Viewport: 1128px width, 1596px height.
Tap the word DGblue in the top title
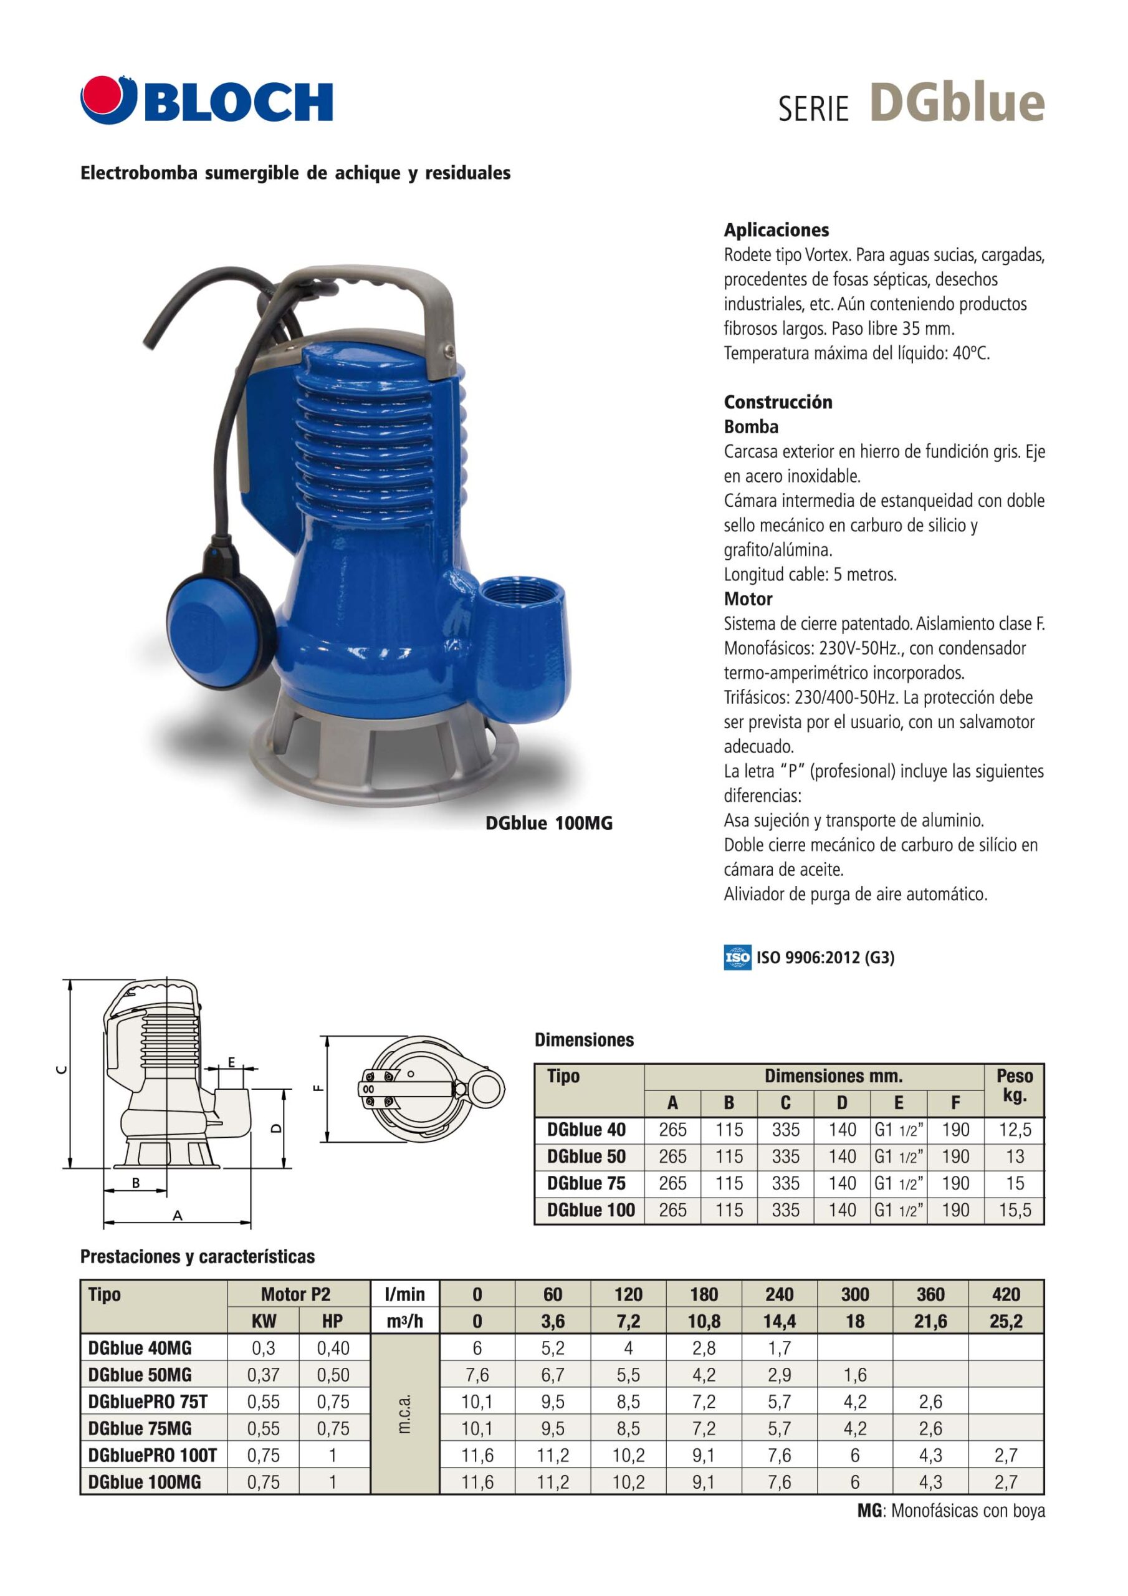(957, 103)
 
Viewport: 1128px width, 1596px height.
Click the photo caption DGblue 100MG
(548, 824)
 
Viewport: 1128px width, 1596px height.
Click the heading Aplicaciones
(777, 230)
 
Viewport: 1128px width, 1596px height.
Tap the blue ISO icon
(737, 957)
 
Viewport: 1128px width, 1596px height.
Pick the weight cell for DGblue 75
(1014, 1183)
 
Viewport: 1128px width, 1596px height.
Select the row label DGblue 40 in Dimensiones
(586, 1130)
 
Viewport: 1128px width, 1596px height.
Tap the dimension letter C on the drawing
(61, 1070)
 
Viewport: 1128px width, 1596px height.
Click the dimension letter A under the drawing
(177, 1216)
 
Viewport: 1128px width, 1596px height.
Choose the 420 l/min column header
(1006, 1294)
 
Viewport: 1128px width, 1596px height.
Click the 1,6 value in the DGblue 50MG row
(854, 1375)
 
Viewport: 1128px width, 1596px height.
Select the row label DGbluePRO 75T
(152, 1401)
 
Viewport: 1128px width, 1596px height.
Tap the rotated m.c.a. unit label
(404, 1414)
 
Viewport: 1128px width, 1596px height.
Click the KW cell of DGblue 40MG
(264, 1348)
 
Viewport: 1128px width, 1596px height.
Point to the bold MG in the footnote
(869, 1511)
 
